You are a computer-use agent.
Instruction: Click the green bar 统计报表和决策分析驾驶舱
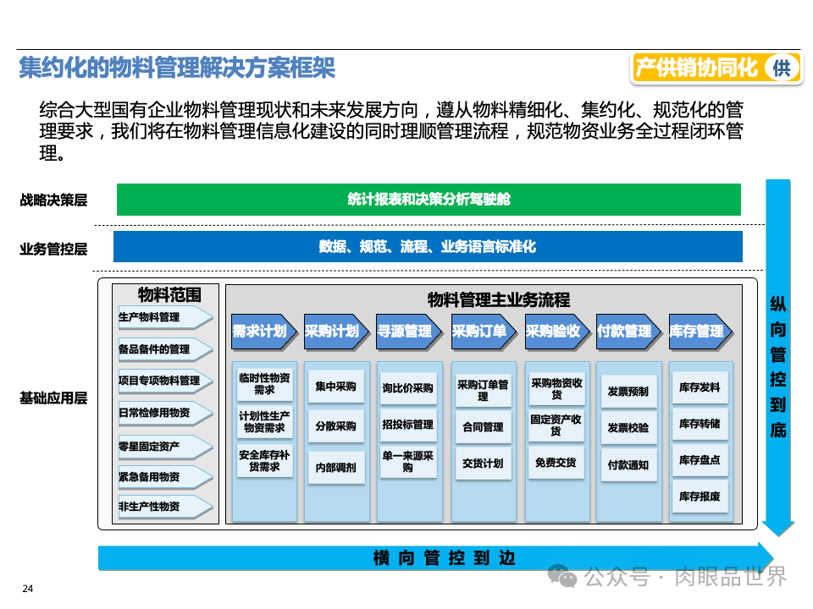tap(429, 200)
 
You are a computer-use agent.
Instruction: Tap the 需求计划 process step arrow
tap(261, 331)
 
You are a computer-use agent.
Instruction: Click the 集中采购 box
tap(335, 387)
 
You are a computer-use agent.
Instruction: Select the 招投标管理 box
tap(408, 425)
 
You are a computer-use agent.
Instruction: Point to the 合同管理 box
tap(482, 427)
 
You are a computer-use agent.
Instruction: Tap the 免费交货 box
tap(555, 463)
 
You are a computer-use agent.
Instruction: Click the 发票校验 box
tap(628, 428)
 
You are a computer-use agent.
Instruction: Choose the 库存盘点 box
tap(700, 461)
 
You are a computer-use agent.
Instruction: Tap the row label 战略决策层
tap(53, 200)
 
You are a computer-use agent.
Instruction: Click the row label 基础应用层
tap(53, 398)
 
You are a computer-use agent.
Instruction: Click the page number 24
tap(27, 589)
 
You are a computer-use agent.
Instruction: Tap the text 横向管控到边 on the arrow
tap(444, 558)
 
